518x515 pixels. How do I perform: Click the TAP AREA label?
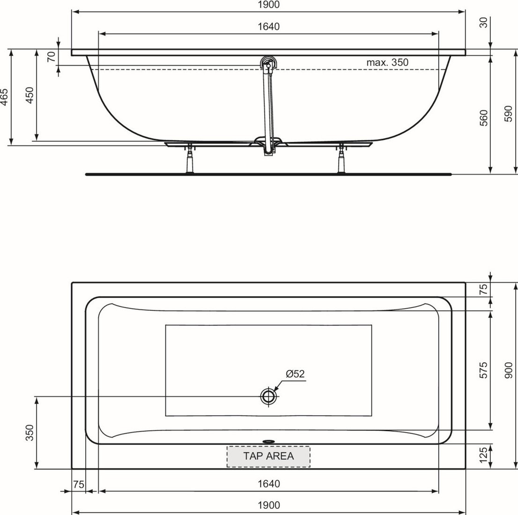268,456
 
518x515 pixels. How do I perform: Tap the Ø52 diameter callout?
295,374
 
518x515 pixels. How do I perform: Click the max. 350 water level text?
387,62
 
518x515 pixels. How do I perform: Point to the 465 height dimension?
4,97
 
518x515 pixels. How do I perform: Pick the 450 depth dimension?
30,95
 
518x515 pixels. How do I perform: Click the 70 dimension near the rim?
51,57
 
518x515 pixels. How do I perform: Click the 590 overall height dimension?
509,113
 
